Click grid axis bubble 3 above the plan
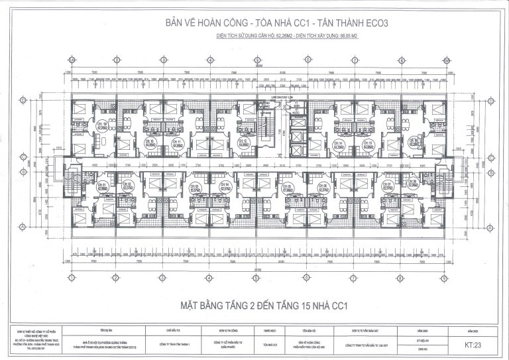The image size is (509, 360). [x=162, y=60]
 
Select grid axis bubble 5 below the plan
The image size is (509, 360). [x=256, y=280]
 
